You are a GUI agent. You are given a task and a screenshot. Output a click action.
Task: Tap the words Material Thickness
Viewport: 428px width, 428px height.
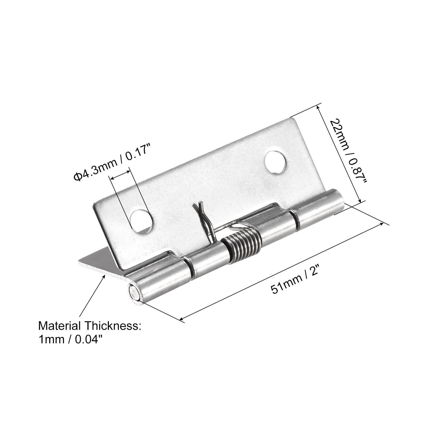pos(89,326)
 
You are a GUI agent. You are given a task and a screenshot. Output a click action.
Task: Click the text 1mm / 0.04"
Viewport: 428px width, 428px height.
pos(71,339)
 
